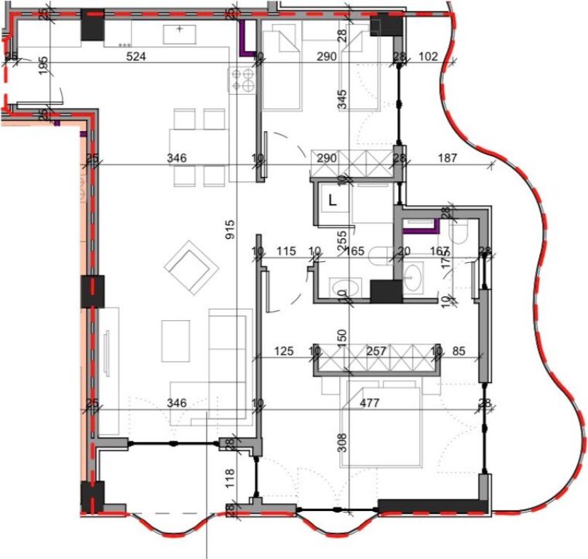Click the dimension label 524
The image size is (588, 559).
tap(136, 56)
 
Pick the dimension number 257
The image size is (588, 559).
tap(377, 352)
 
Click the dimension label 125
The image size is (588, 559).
tap(284, 352)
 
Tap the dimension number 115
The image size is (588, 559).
tap(286, 252)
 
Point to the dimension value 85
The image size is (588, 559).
tap(459, 352)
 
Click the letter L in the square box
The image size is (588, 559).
tap(333, 201)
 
